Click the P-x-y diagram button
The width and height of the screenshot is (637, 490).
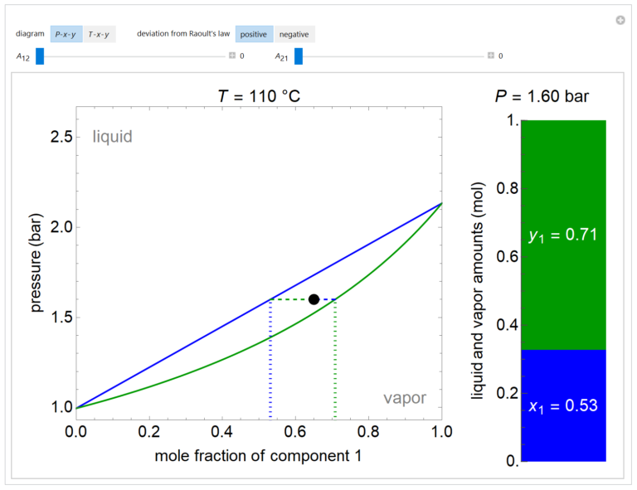click(x=66, y=34)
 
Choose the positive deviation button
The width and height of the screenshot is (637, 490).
click(x=253, y=34)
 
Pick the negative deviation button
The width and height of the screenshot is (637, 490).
click(x=294, y=34)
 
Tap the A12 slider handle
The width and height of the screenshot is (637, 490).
click(x=39, y=56)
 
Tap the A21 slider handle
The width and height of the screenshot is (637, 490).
click(x=299, y=56)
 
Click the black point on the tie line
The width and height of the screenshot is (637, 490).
click(x=314, y=299)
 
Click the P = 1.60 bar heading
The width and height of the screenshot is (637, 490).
click(x=542, y=96)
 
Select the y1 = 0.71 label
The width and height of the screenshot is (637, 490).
click(x=563, y=235)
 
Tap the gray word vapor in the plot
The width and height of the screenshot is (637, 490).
click(x=405, y=398)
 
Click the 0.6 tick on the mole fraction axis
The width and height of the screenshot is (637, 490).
click(x=294, y=432)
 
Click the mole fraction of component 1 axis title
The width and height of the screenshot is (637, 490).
click(x=258, y=456)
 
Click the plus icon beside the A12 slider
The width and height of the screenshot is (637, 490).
click(x=232, y=56)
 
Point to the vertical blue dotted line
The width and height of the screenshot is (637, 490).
click(x=270, y=357)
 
